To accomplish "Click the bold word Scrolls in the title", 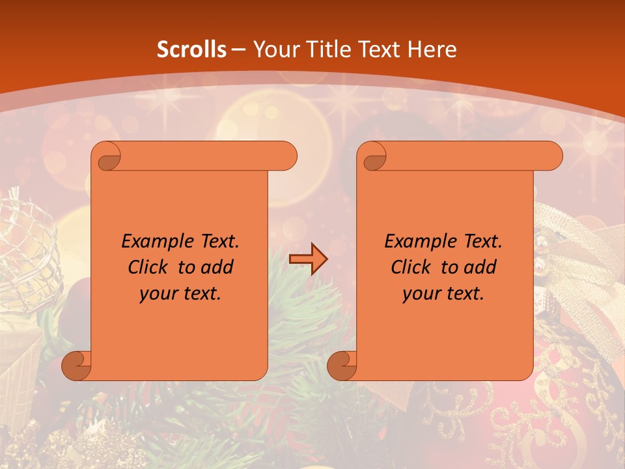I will click(x=191, y=50).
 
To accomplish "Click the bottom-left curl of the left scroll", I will click(x=76, y=366).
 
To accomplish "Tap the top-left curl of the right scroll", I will click(x=374, y=157).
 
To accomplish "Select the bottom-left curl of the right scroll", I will click(x=341, y=366).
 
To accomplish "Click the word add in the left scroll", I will click(x=218, y=268).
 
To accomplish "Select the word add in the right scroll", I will click(x=481, y=268).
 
